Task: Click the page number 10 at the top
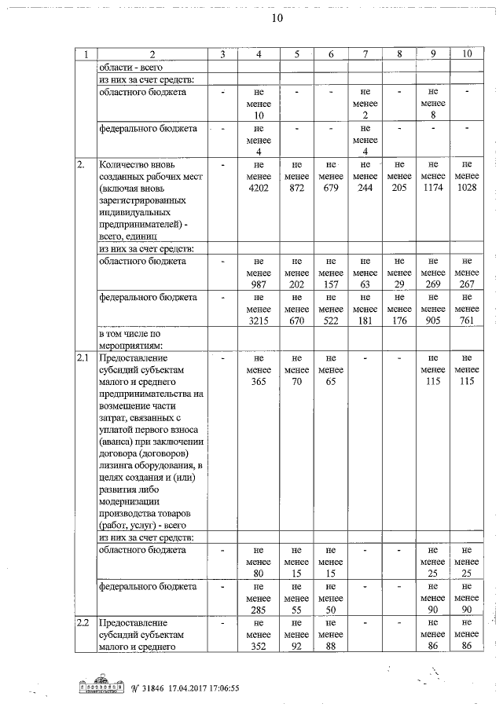[x=277, y=17]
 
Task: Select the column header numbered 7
[x=365, y=54]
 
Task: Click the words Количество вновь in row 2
[x=137, y=165]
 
